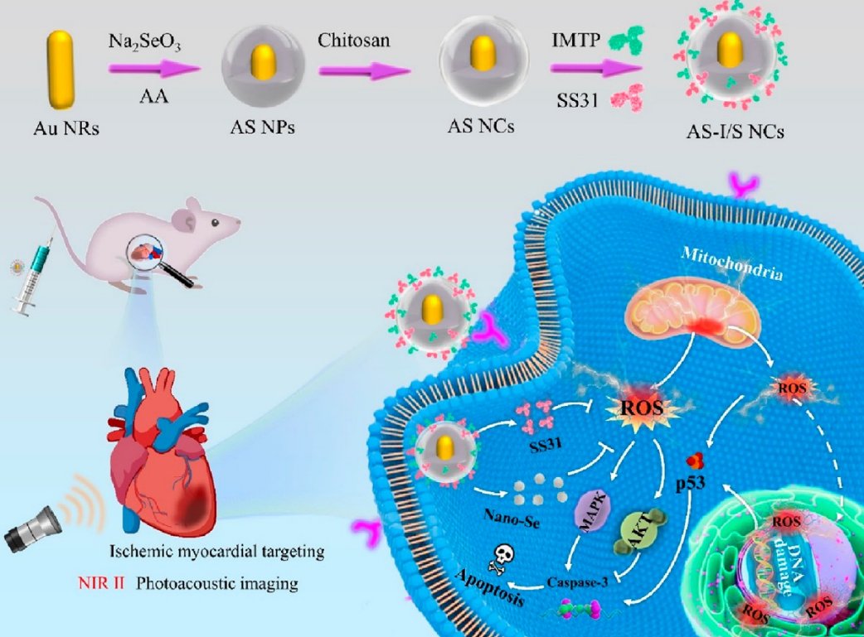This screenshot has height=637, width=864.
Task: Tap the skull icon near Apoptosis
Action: click(502, 554)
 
